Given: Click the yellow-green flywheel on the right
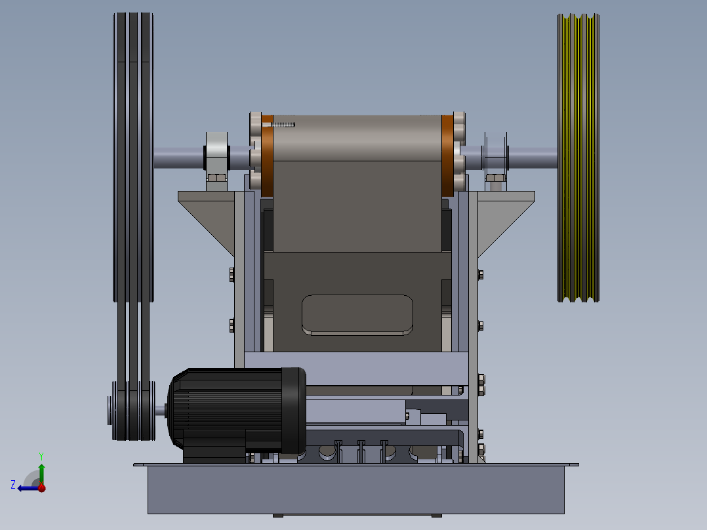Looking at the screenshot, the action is coord(578,158).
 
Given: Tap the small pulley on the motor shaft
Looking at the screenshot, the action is coord(132,411).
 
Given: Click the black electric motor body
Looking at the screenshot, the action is coord(237,411).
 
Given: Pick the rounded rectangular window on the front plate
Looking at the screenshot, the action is coord(357,315).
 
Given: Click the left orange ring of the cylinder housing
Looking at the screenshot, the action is coord(267,155).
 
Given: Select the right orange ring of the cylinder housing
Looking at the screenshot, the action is coord(448,155).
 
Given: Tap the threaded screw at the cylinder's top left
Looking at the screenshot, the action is coord(279,125).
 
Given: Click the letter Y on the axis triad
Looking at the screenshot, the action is coord(41,456).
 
